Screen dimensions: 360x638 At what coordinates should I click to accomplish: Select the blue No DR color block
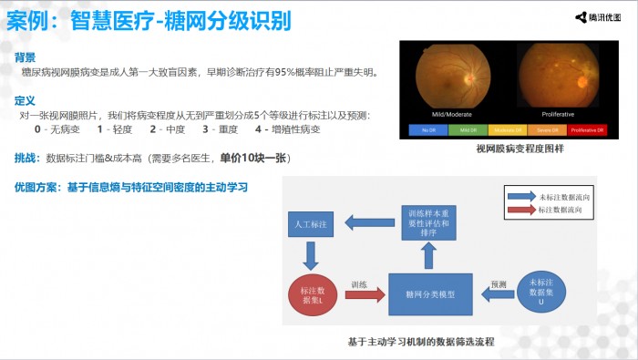[x=431, y=130]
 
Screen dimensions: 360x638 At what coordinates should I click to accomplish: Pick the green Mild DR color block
[x=471, y=130]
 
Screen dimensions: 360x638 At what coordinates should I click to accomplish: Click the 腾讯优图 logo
[x=602, y=15]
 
